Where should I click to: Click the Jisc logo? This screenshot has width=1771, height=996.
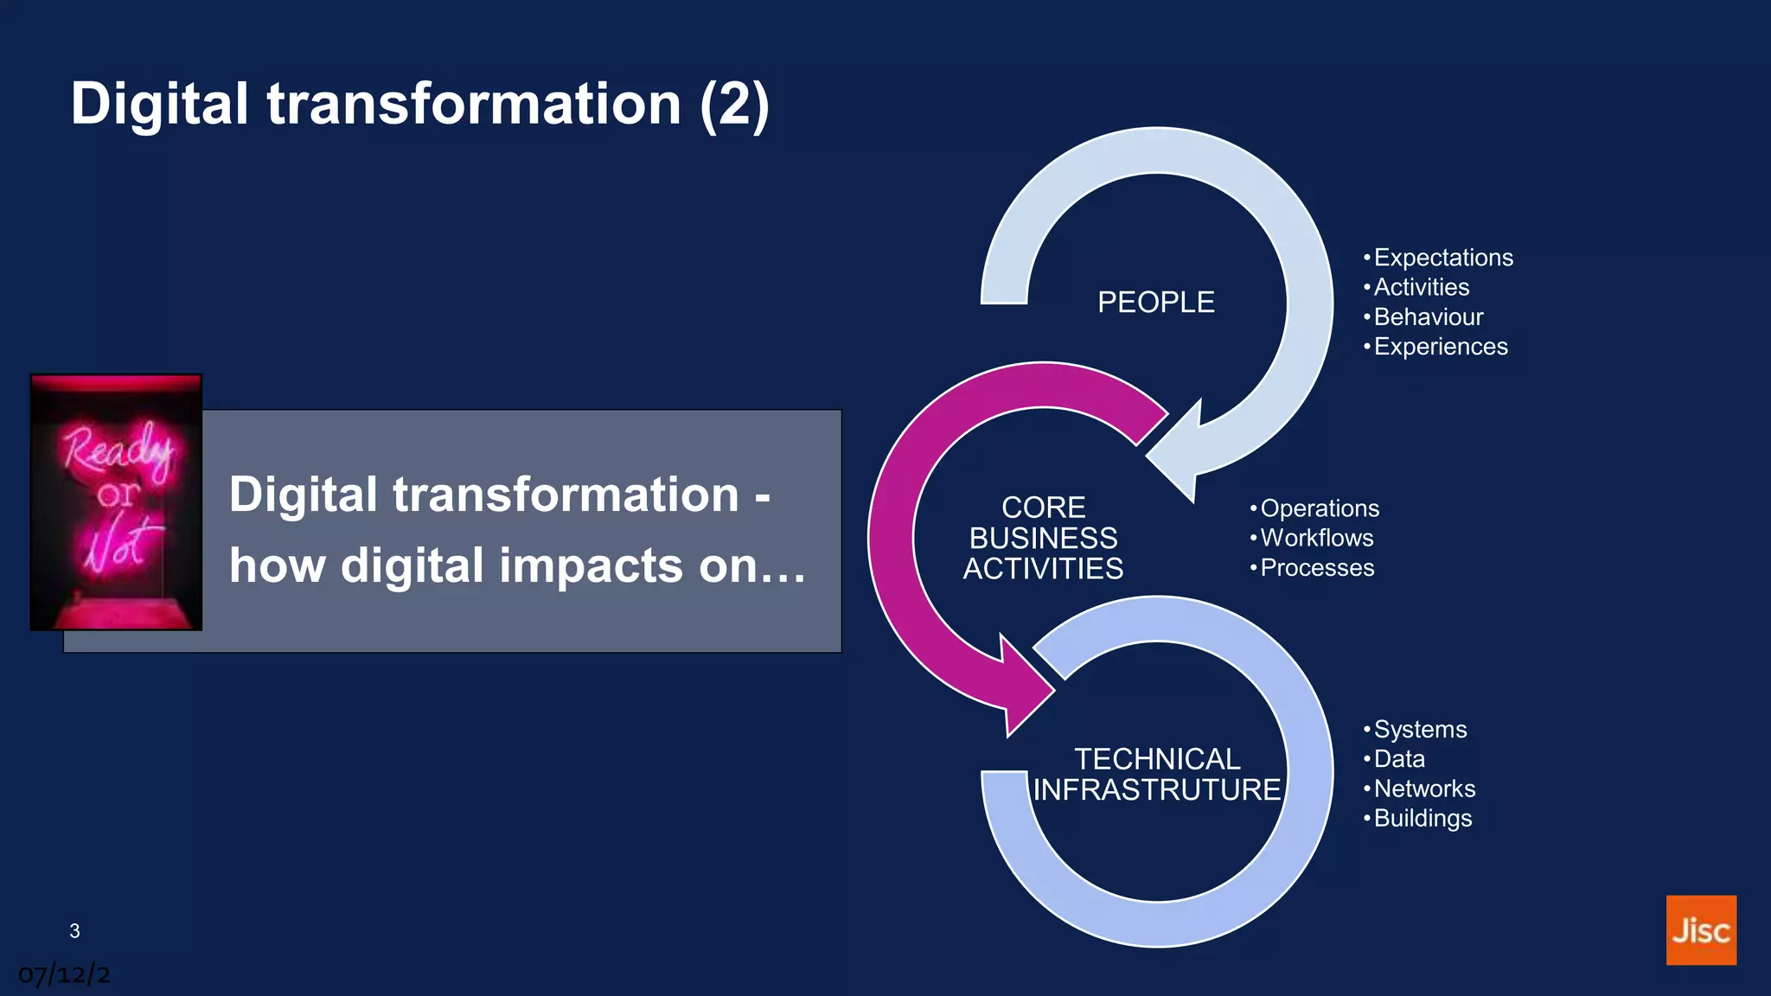(1700, 929)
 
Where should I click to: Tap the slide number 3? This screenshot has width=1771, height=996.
(74, 931)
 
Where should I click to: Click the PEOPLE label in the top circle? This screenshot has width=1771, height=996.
(1155, 303)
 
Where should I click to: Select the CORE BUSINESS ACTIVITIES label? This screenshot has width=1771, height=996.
(1043, 538)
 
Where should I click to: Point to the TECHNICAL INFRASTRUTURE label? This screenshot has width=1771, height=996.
(1157, 775)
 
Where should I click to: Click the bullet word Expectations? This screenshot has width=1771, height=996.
(1442, 258)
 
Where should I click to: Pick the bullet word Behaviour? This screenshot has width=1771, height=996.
(1428, 317)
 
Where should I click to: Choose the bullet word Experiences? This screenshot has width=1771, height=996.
(1440, 347)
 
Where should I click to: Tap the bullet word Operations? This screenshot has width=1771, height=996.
(1319, 508)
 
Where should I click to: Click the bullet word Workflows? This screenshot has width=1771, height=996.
(1316, 538)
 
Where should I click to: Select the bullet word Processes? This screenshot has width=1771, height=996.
(1316, 568)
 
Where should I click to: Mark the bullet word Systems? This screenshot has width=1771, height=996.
(1420, 730)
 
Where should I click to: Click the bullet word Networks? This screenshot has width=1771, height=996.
(1424, 788)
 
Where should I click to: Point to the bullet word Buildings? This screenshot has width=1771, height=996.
(1422, 818)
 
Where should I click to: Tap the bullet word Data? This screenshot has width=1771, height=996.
(1398, 759)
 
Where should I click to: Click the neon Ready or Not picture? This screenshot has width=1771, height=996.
(116, 502)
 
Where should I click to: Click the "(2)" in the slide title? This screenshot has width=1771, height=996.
(733, 105)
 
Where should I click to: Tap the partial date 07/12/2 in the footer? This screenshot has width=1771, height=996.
(64, 975)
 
